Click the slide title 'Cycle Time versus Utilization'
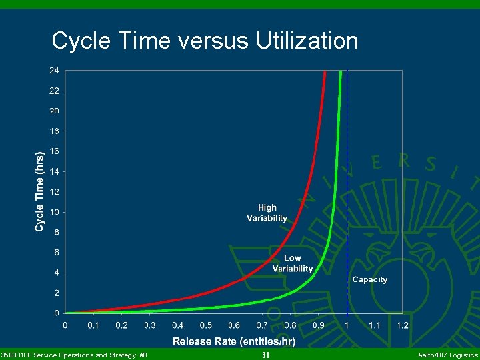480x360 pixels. [205, 41]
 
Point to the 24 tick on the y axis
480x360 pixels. [53, 70]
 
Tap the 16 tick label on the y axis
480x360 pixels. [53, 151]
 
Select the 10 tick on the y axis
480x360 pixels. [53, 212]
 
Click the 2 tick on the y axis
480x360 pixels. [56, 293]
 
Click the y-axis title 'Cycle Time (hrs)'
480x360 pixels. [40, 190]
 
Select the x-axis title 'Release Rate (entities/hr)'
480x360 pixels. [234, 341]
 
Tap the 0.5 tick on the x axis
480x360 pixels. [205, 325]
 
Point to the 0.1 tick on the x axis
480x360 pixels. [93, 325]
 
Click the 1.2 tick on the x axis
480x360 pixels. [403, 325]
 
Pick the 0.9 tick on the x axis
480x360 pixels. [318, 325]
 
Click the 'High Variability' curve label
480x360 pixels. [267, 213]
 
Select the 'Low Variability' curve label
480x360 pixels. [292, 263]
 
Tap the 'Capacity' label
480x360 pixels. [369, 280]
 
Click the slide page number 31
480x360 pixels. [265, 355]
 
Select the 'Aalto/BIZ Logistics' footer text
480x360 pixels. [447, 355]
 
